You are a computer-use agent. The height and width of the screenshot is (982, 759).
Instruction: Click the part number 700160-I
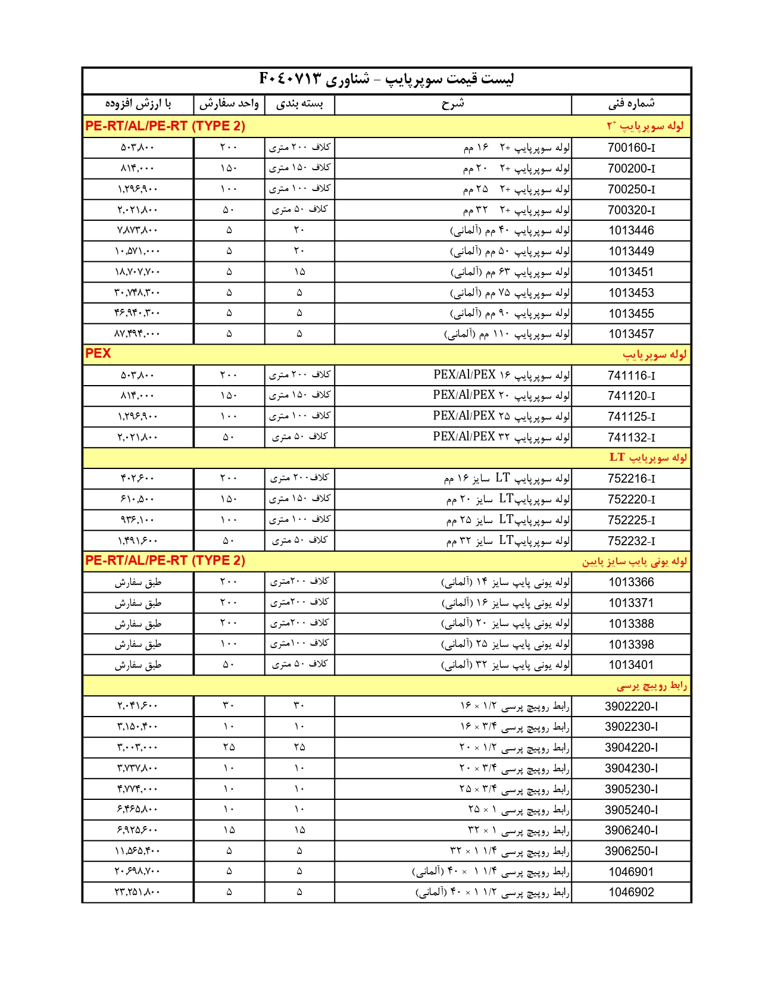click(x=631, y=148)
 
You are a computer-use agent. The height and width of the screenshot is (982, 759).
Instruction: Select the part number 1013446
click(x=631, y=230)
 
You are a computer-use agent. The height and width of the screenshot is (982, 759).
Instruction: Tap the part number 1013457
click(x=631, y=334)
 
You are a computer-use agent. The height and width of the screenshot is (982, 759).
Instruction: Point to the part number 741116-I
click(x=631, y=376)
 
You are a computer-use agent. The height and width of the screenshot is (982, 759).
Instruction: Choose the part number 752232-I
click(x=631, y=541)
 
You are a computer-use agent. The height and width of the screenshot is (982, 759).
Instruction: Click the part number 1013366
click(x=631, y=582)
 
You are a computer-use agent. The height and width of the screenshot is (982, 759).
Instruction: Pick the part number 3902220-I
click(x=631, y=706)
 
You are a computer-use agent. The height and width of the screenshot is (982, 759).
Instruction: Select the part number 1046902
click(x=631, y=892)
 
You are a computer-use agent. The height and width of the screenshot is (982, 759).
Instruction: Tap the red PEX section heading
click(x=98, y=354)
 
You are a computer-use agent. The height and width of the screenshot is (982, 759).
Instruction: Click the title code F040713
click(x=290, y=79)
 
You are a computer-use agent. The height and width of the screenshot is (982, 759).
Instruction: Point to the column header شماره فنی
click(x=631, y=104)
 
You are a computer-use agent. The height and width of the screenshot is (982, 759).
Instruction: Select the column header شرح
click(x=452, y=104)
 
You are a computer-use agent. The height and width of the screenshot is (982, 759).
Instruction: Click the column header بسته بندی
click(x=299, y=104)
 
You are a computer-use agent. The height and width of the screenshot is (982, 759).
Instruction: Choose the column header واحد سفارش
click(x=229, y=104)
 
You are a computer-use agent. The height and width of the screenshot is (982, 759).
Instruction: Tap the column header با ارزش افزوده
click(x=138, y=104)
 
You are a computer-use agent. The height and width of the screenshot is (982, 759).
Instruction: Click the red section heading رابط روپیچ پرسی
click(x=652, y=686)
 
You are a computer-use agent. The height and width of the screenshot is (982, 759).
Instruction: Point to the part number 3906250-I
click(x=631, y=851)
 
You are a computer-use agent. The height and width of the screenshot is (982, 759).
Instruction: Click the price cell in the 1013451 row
click(x=138, y=272)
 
